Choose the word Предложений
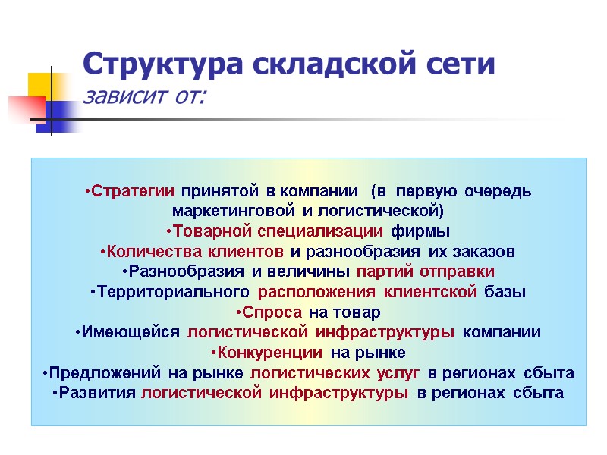click(x=103, y=374)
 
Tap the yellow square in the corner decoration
click(x=41, y=85)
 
